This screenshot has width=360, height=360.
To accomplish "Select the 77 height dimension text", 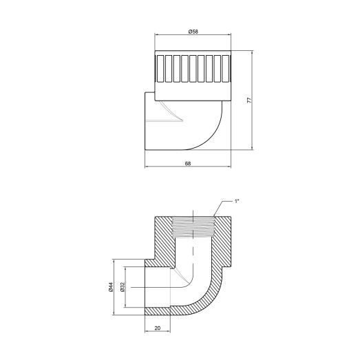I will pos(248,100).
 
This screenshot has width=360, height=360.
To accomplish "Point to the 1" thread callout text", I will pos(237,201).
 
